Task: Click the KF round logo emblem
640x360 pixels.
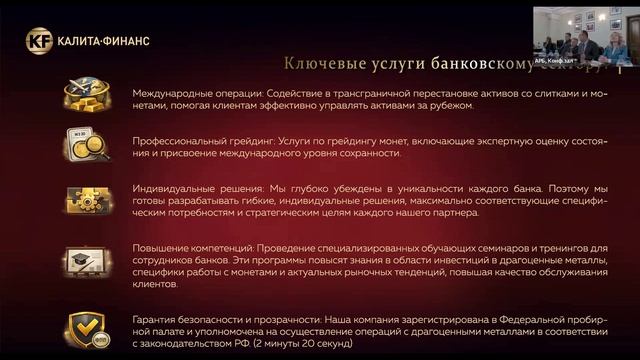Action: pos(37,41)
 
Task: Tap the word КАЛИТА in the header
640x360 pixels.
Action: pos(80,41)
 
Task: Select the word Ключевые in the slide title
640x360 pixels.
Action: pos(318,64)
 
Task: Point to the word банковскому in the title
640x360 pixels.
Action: pos(459,64)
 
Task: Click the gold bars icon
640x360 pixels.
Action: pos(87,96)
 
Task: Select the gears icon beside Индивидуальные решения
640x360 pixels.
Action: pos(87,198)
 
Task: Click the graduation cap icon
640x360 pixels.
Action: pos(87,262)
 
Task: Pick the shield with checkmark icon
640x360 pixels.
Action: pos(87,326)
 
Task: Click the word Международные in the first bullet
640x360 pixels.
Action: pos(170,92)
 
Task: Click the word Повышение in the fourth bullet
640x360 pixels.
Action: pos(160,247)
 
